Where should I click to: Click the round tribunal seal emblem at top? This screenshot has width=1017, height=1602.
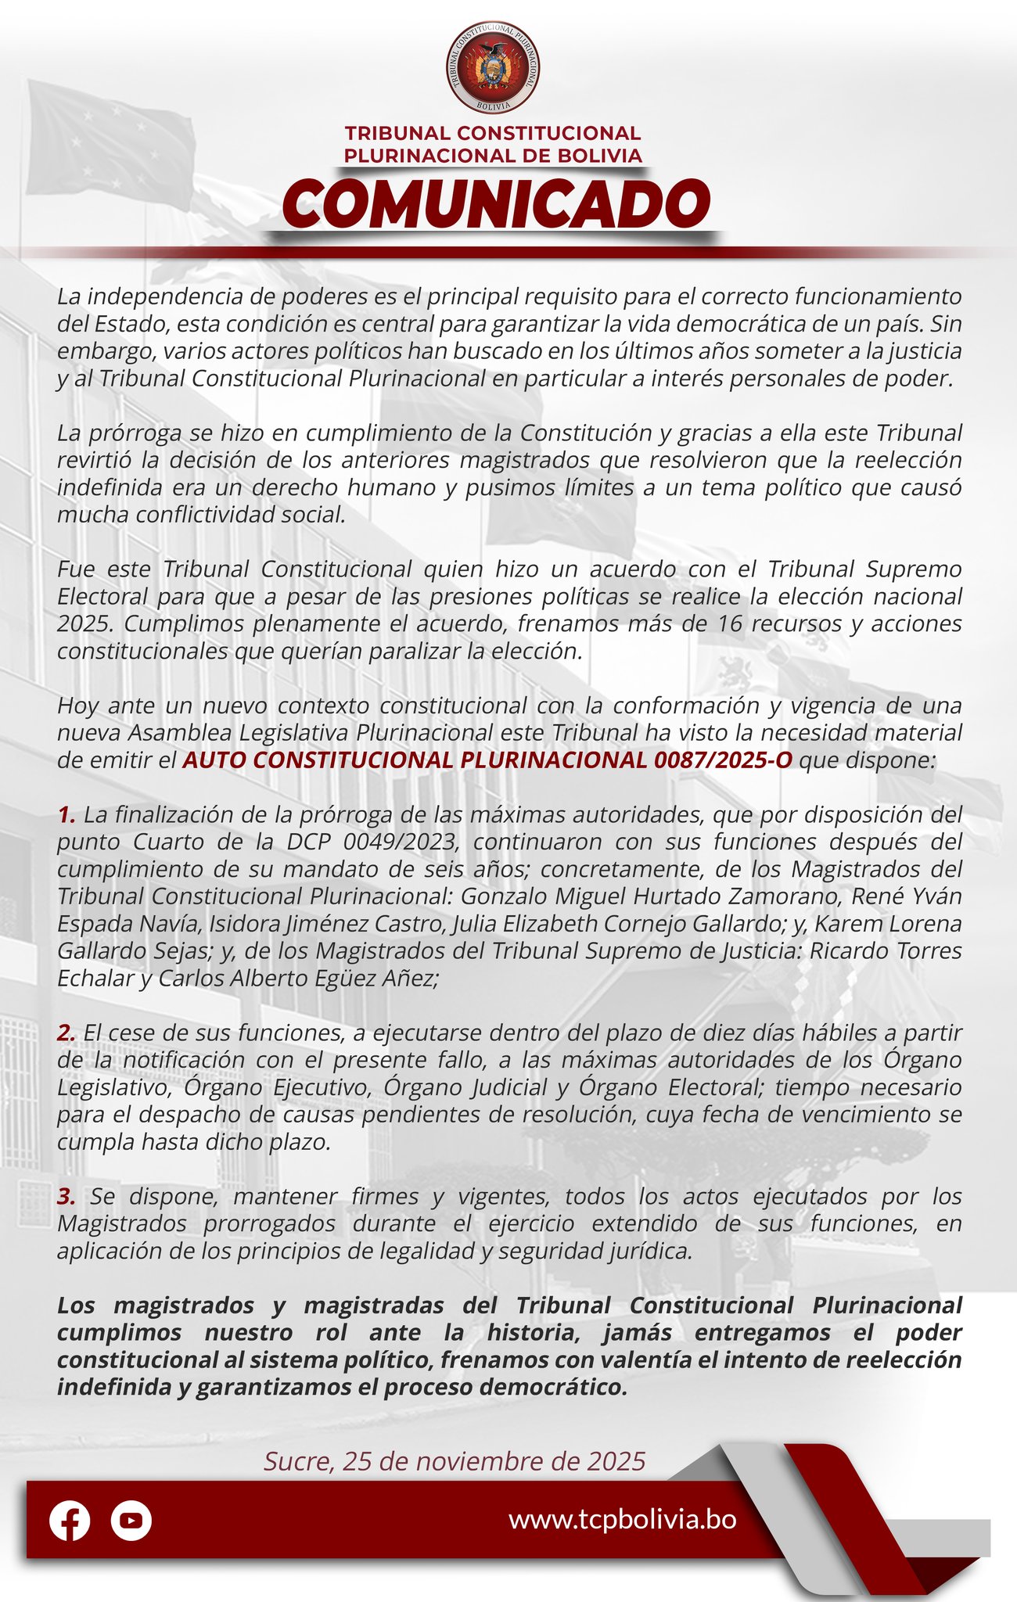[493, 66]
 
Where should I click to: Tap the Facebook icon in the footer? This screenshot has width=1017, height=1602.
[70, 1521]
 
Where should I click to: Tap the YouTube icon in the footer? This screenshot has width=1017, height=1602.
[131, 1521]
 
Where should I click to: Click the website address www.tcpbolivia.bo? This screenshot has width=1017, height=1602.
[622, 1519]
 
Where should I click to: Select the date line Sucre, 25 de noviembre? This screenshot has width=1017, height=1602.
[455, 1460]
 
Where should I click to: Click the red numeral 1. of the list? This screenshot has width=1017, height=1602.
[66, 815]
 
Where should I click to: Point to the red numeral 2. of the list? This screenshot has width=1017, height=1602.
[66, 1033]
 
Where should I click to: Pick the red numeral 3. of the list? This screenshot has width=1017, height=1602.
[66, 1196]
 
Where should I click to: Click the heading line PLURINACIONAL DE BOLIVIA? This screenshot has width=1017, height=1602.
[493, 156]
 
